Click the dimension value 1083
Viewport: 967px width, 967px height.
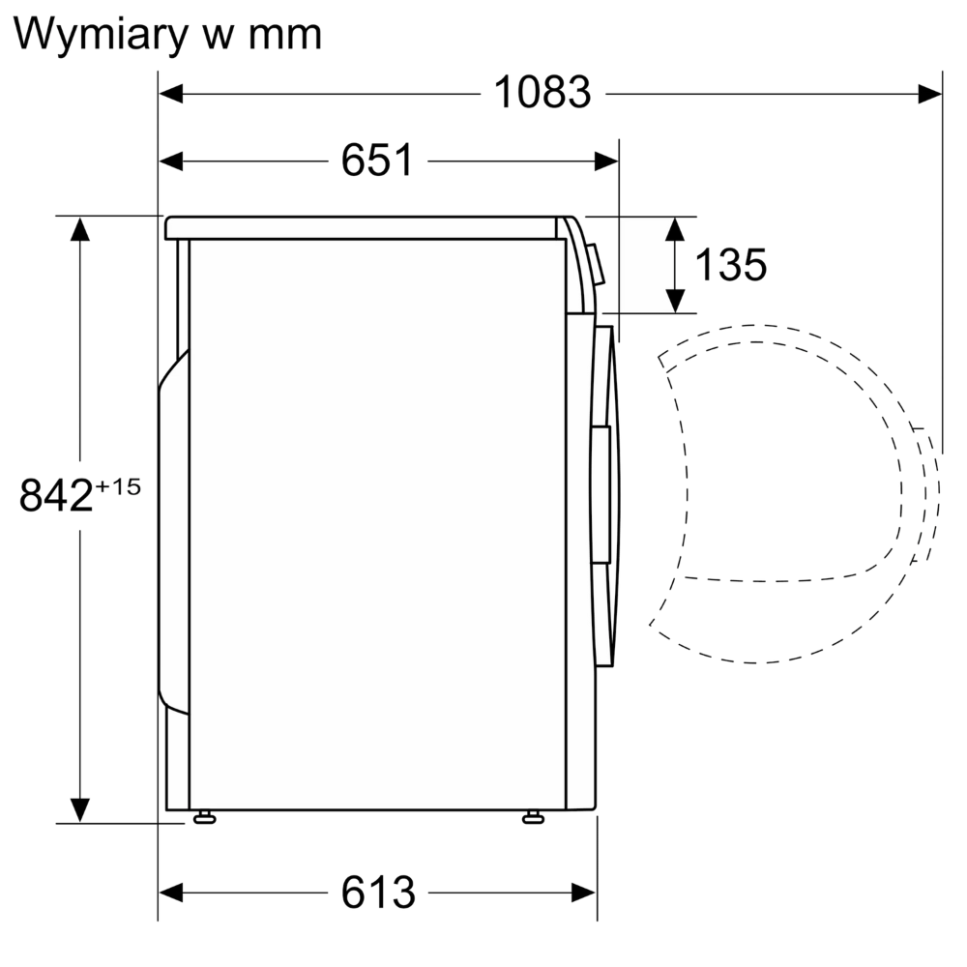click(x=542, y=93)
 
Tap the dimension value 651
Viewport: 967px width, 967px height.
click(x=376, y=161)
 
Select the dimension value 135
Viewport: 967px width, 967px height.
click(x=730, y=264)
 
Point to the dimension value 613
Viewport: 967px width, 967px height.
click(x=377, y=892)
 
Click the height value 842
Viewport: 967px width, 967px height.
click(x=56, y=496)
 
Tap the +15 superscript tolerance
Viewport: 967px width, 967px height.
click(x=119, y=486)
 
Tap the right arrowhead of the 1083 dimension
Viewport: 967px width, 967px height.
click(x=930, y=93)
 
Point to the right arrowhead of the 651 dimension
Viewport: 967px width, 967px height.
click(x=606, y=161)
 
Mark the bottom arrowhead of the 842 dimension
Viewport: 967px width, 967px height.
click(x=79, y=809)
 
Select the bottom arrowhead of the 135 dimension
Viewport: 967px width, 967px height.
click(x=676, y=301)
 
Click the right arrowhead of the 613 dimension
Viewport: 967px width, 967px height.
click(x=584, y=892)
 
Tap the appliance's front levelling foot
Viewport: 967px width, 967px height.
click(x=532, y=818)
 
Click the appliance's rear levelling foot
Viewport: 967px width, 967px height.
click(x=203, y=818)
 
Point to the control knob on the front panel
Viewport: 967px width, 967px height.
click(x=596, y=264)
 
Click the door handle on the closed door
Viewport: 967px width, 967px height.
click(x=601, y=493)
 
